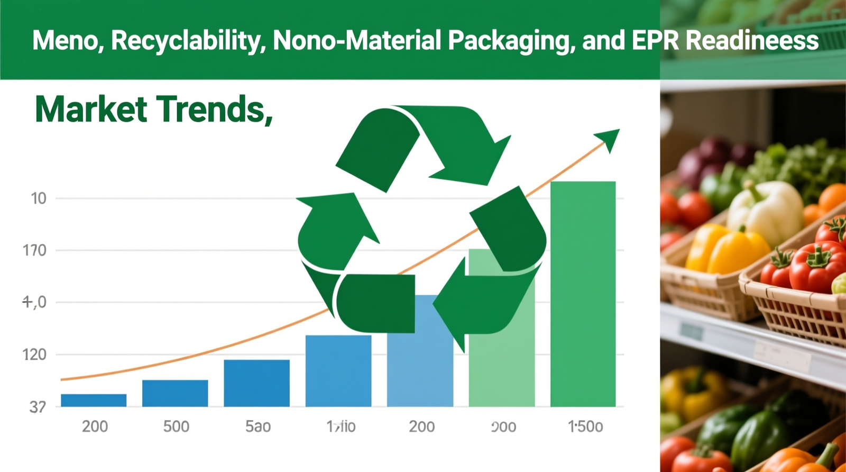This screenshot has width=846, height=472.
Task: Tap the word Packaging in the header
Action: (511, 41)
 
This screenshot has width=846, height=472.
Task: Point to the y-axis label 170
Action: (34, 250)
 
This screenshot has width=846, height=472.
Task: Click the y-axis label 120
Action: (34, 355)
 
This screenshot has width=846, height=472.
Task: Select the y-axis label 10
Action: (39, 198)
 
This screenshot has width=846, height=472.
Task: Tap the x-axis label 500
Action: (176, 426)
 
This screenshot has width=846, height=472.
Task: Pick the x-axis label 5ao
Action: (258, 426)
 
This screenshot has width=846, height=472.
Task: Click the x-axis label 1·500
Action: (585, 426)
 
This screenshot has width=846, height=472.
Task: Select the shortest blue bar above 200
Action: (94, 400)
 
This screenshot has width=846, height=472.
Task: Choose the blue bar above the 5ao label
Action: (256, 383)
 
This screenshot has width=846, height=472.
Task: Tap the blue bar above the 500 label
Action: (175, 393)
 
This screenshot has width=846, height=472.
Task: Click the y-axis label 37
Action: (37, 407)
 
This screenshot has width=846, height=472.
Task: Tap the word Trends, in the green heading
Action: (214, 109)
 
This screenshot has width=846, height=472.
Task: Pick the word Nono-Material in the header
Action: (357, 41)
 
